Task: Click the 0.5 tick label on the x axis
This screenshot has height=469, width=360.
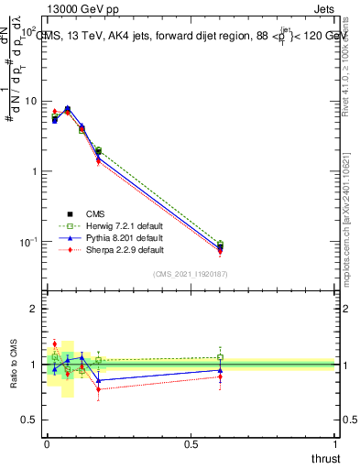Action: pos(191,445)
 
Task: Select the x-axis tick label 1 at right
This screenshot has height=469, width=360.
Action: pos(335,445)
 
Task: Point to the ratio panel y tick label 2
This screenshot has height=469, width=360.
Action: pos(35,309)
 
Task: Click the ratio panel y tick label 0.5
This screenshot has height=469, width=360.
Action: pos(30,420)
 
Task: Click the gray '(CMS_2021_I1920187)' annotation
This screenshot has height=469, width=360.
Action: pos(191,273)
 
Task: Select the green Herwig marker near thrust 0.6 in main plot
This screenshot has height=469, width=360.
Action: pos(220,244)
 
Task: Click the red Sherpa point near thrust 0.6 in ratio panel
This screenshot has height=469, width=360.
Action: pos(220,376)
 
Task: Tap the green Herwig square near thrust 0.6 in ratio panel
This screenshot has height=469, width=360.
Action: pos(220,358)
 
